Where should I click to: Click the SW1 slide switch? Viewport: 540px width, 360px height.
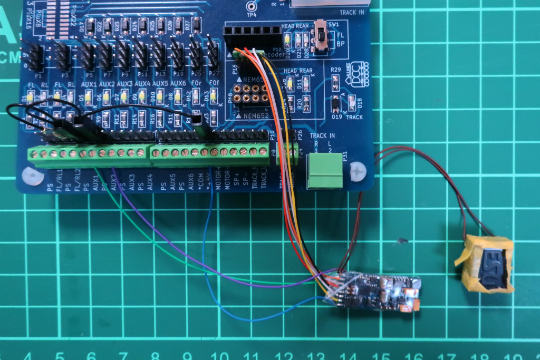pos(320,36)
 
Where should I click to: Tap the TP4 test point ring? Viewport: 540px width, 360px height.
pos(252,6)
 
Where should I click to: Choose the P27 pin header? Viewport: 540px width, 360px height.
pos(213,53)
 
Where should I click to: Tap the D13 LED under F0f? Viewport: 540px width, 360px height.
pos(214,96)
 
